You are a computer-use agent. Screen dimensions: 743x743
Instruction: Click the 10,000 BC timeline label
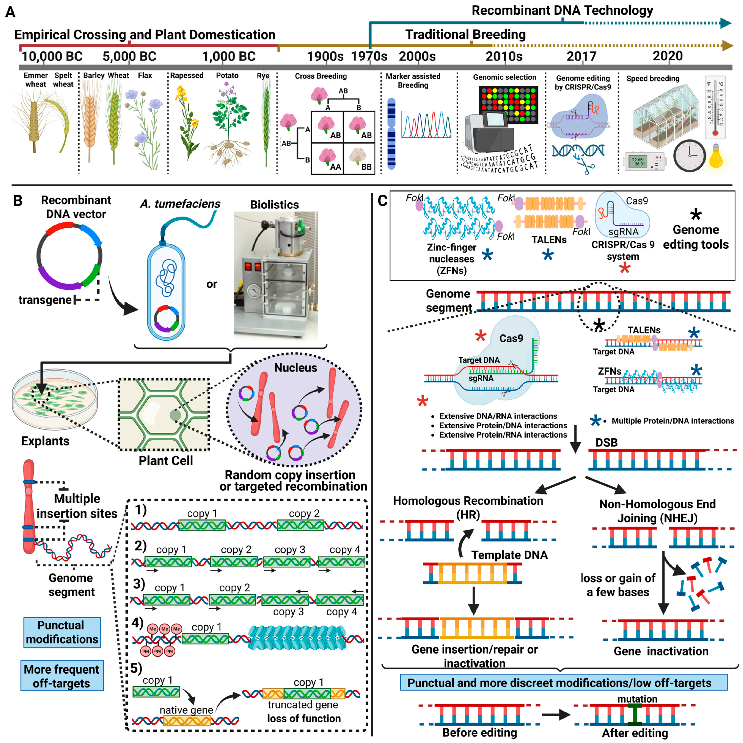tap(52, 57)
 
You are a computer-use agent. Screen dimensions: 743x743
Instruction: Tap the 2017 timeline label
tap(581, 57)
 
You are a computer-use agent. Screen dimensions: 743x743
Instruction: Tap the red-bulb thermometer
tap(715, 108)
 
